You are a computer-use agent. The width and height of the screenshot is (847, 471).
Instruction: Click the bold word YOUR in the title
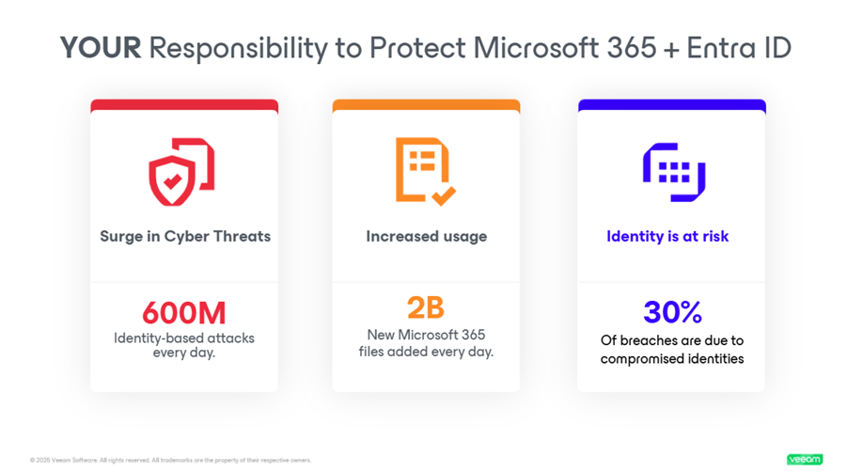pyautogui.click(x=100, y=48)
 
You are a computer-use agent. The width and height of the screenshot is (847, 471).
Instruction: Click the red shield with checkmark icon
pyautogui.click(x=181, y=171)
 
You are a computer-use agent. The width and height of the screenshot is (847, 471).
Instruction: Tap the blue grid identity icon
pyautogui.click(x=672, y=172)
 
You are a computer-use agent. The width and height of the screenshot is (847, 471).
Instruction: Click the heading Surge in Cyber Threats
pyautogui.click(x=185, y=236)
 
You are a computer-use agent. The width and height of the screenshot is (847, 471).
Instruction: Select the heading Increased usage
pyautogui.click(x=426, y=236)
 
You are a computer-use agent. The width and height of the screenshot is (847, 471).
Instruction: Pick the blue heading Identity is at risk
pyautogui.click(x=667, y=236)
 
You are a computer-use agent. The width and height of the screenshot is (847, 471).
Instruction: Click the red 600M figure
pyautogui.click(x=184, y=312)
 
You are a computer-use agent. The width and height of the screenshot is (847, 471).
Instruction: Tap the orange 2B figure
pyautogui.click(x=425, y=307)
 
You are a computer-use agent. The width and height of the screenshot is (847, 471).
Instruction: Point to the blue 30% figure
pyautogui.click(x=671, y=312)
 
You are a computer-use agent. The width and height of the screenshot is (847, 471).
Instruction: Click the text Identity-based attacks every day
pyautogui.click(x=184, y=345)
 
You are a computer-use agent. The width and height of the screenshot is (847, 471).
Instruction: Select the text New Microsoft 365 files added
pyautogui.click(x=425, y=343)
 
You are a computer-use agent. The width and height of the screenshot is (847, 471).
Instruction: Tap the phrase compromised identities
pyautogui.click(x=672, y=358)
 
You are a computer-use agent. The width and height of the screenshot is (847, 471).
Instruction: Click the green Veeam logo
pyautogui.click(x=804, y=460)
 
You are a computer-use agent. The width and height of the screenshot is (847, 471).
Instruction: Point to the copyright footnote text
pyautogui.click(x=170, y=460)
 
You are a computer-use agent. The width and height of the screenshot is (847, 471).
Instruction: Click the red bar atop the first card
pyautogui.click(x=184, y=105)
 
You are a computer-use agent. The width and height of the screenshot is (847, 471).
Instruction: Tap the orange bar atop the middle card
pyautogui.click(x=426, y=105)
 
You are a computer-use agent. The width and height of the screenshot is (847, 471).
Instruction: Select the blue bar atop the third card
pyautogui.click(x=671, y=105)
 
